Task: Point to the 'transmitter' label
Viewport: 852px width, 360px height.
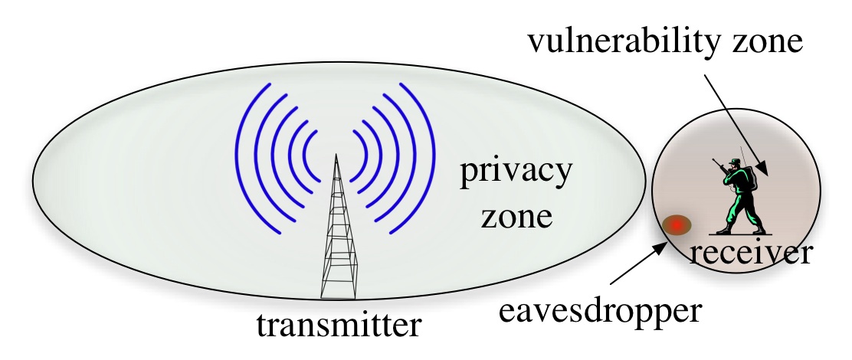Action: point(338,326)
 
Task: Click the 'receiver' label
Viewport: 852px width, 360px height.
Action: point(749,252)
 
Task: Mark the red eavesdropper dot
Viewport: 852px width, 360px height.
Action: point(677,225)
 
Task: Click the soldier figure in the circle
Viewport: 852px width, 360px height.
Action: point(739,196)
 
